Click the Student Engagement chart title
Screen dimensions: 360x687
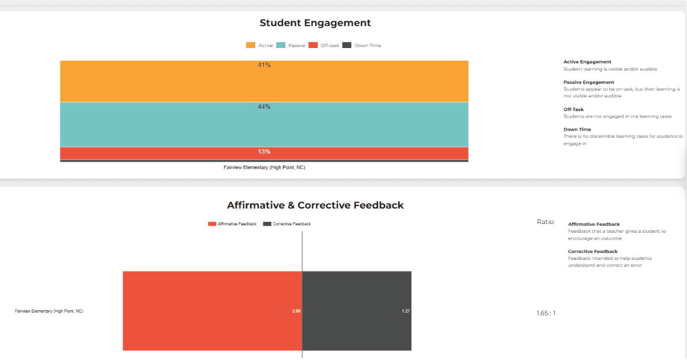315,23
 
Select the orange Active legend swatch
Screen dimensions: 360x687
251,45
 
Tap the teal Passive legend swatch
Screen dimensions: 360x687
281,45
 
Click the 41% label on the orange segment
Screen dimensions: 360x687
264,65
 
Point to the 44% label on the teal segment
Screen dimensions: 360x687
264,106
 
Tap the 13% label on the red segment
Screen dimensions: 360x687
264,152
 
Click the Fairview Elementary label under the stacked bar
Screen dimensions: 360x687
264,167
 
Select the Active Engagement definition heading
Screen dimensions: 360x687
587,62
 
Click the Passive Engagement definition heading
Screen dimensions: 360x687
589,82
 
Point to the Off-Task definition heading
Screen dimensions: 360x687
573,109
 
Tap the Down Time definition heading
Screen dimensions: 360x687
577,130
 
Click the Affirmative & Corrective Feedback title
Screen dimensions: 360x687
315,205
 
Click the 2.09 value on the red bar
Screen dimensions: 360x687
296,311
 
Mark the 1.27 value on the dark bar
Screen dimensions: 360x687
406,311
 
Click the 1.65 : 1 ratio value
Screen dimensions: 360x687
546,313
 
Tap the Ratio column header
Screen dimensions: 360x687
545,222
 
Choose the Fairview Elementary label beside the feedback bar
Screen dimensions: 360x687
49,311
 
